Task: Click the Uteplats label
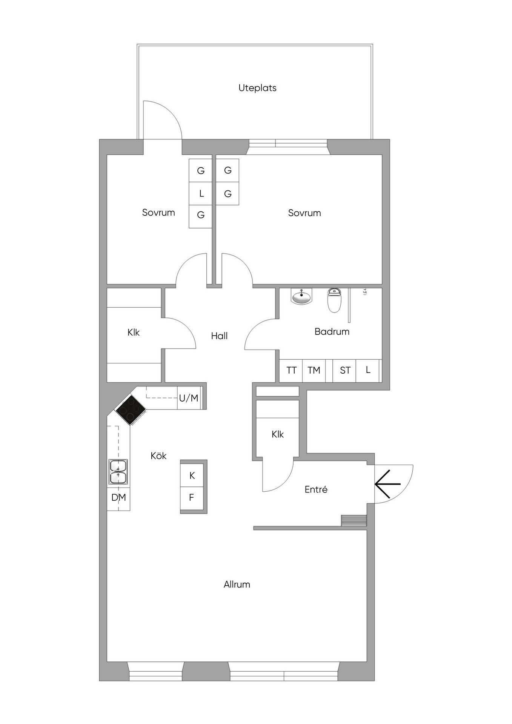pyautogui.click(x=257, y=88)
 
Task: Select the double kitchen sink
pyautogui.click(x=118, y=471)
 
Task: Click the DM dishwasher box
pyautogui.click(x=118, y=498)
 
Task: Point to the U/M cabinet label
pyautogui.click(x=189, y=398)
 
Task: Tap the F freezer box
pyautogui.click(x=192, y=498)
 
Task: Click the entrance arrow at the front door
pyautogui.click(x=387, y=484)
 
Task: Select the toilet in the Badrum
pyautogui.click(x=334, y=300)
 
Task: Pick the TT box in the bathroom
pyautogui.click(x=291, y=370)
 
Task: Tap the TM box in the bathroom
pyautogui.click(x=314, y=370)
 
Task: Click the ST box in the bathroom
pyautogui.click(x=344, y=370)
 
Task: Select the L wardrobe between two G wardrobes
pyautogui.click(x=201, y=194)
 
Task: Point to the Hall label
pyautogui.click(x=219, y=336)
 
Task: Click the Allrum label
pyautogui.click(x=237, y=584)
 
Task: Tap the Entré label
pyautogui.click(x=316, y=489)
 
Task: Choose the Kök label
pyautogui.click(x=158, y=456)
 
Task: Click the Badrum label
pyautogui.click(x=332, y=331)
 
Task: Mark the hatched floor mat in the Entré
pyautogui.click(x=354, y=520)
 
